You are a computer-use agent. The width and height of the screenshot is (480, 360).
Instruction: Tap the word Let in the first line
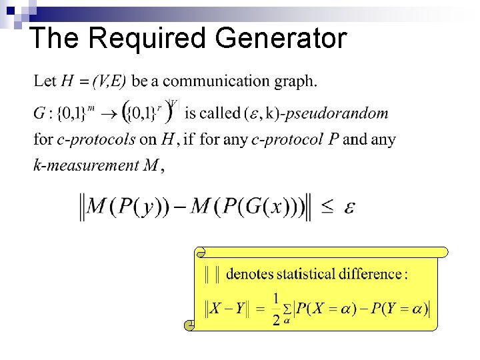(x=45, y=81)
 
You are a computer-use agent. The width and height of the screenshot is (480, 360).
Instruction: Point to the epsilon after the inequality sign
(x=349, y=208)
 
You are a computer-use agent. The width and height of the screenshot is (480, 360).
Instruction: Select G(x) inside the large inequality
(x=265, y=207)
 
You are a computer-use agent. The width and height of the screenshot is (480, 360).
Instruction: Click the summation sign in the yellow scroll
(x=286, y=309)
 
